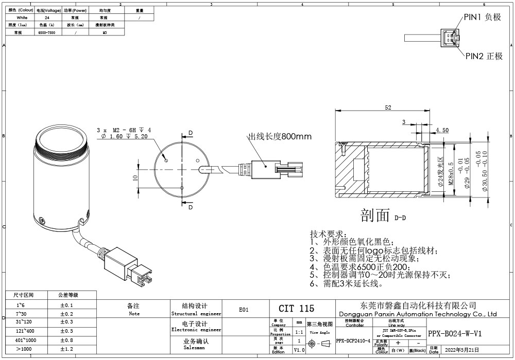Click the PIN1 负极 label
coord(483,17)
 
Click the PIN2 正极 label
coord(484,56)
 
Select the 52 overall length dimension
coord(388,107)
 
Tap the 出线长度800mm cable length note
coord(280,137)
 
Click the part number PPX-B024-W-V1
coord(455,333)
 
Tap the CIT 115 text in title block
coord(296,309)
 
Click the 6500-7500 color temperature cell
coord(49,32)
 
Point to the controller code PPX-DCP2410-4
coord(353,340)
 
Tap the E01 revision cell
coord(244,310)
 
